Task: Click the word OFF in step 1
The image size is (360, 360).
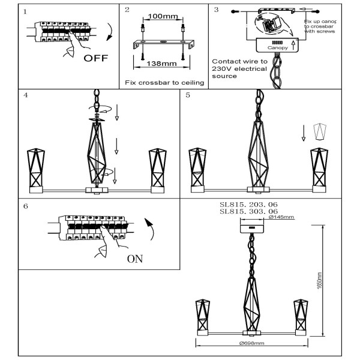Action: pos(95,59)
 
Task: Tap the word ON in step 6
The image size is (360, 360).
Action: pos(135,259)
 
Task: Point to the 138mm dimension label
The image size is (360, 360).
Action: pos(161,63)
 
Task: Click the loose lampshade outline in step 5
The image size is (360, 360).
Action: pos(319,131)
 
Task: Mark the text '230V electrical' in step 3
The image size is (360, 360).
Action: pos(238,69)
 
